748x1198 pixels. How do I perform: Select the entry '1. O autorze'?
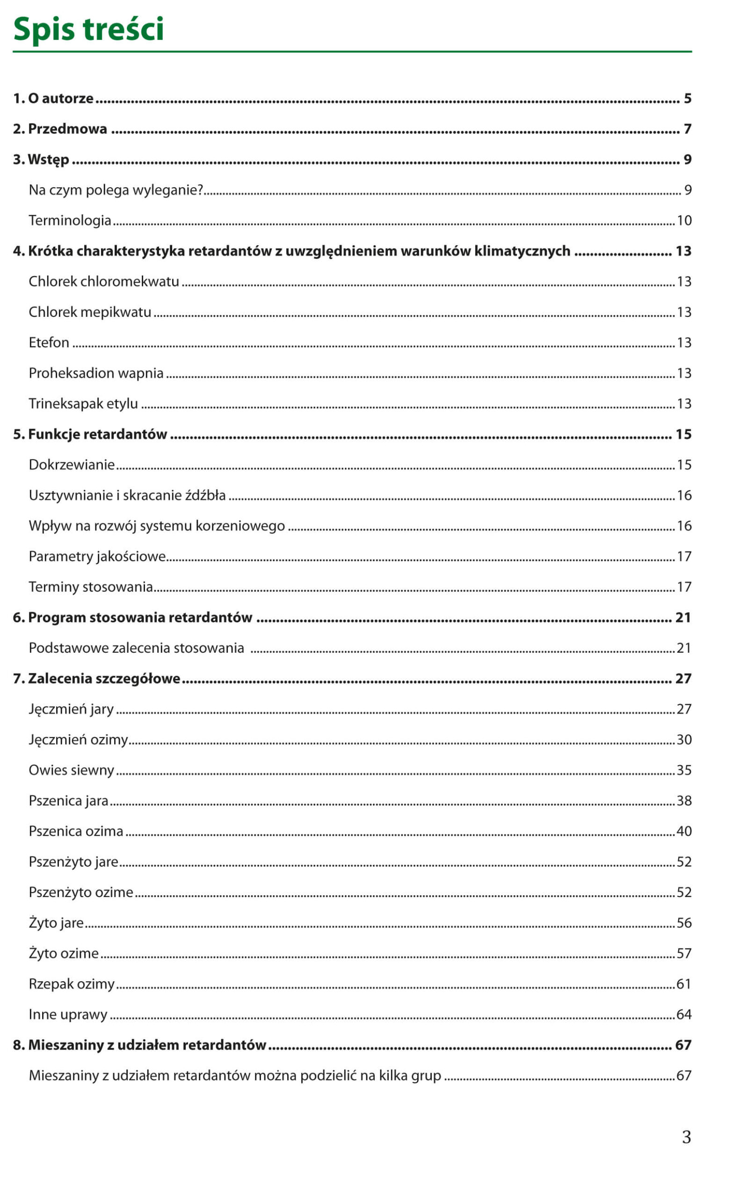coord(53,98)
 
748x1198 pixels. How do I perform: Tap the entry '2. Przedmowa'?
coord(60,129)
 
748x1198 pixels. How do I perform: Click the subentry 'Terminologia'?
coord(70,220)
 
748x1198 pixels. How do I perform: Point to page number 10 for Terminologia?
coord(684,220)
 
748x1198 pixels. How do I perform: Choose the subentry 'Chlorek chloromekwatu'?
coord(104,282)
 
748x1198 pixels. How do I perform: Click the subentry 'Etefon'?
coord(49,343)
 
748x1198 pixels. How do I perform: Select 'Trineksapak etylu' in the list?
coord(83,404)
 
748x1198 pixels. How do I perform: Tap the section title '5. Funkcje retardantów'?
coord(90,434)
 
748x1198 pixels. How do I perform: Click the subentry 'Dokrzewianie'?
coord(72,465)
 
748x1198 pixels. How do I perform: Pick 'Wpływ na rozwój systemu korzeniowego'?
coord(157,526)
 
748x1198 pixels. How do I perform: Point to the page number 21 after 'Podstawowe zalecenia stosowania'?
coord(684,648)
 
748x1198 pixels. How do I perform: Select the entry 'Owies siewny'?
coord(71,770)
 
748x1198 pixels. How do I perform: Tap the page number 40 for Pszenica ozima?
coord(684,831)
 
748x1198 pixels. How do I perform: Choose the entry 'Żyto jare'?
coord(56,923)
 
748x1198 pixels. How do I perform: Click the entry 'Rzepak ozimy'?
coord(72,984)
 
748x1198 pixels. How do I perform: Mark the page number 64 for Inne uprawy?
coord(684,1015)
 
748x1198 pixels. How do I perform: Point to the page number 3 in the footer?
coord(686,1137)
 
